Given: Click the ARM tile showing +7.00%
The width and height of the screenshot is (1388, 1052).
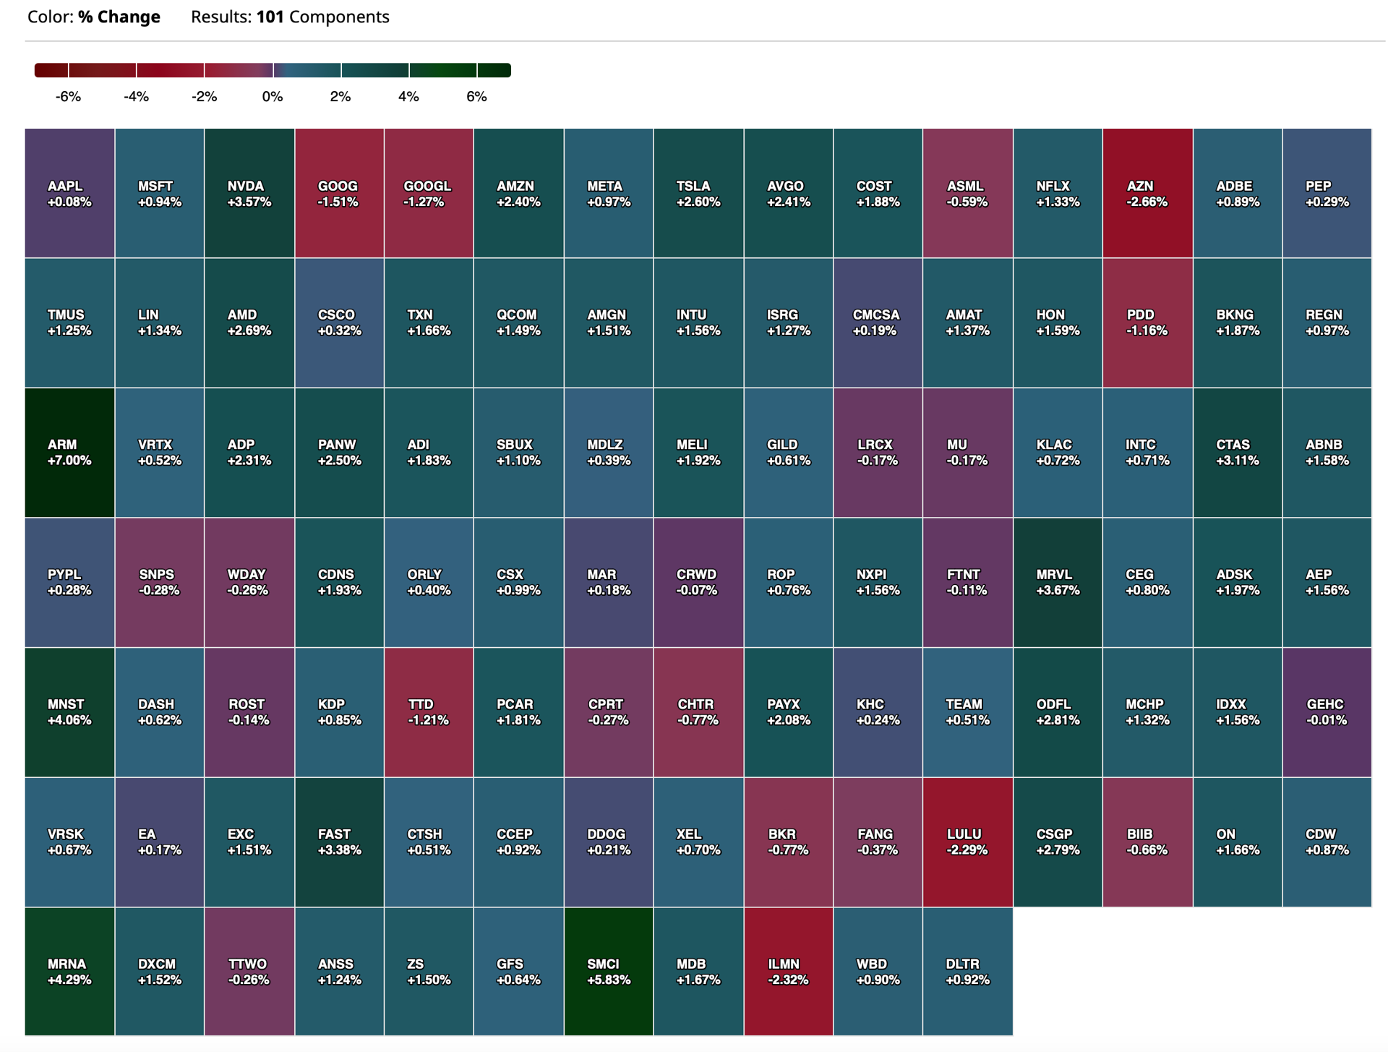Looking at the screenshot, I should [69, 453].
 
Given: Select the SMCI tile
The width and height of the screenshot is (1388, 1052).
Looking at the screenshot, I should [608, 972].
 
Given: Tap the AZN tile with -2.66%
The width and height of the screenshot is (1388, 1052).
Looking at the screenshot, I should [1147, 194].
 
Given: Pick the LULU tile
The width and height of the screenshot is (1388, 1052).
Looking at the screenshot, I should [967, 842].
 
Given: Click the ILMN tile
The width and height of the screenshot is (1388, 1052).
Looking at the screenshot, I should [788, 972].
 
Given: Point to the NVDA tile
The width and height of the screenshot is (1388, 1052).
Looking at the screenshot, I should [249, 194].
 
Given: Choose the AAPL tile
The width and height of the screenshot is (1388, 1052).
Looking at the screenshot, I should [69, 194].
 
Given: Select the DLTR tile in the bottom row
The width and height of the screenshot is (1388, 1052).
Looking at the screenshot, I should [967, 972].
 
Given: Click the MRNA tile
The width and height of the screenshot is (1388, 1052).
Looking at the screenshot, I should [69, 972].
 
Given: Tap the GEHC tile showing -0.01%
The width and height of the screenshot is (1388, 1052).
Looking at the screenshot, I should [1327, 712].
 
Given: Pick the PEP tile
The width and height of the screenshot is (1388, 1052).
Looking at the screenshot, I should [1327, 194].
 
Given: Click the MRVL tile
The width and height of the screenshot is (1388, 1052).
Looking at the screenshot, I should [1058, 582].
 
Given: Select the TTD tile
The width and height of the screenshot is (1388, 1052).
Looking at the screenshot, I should [429, 712].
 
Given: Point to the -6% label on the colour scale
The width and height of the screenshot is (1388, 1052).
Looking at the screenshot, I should [68, 97].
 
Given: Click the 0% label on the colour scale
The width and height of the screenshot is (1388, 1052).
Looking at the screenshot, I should [273, 97].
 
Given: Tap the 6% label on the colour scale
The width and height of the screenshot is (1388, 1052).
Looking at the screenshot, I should [476, 97].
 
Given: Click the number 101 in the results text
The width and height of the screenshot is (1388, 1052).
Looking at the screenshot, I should [270, 17].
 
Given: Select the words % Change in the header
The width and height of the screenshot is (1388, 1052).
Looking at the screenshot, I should [119, 17].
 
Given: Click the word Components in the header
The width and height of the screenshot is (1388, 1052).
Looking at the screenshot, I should [339, 17].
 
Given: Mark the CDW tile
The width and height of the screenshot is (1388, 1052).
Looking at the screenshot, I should [1327, 842].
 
